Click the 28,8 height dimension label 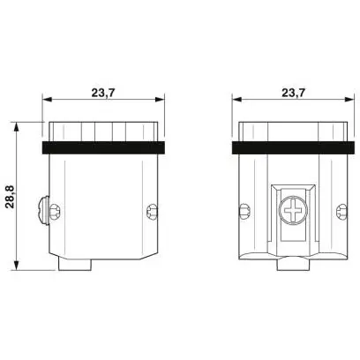tap(11, 197)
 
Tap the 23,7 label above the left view tap(103, 93)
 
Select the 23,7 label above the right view tap(294, 93)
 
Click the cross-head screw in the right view tap(293, 211)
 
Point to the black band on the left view tap(103, 147)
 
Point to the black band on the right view tap(293, 147)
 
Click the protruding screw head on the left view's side tap(44, 210)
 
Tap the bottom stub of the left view tap(75, 265)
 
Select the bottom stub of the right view tap(293, 264)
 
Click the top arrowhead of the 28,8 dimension tap(17, 127)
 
